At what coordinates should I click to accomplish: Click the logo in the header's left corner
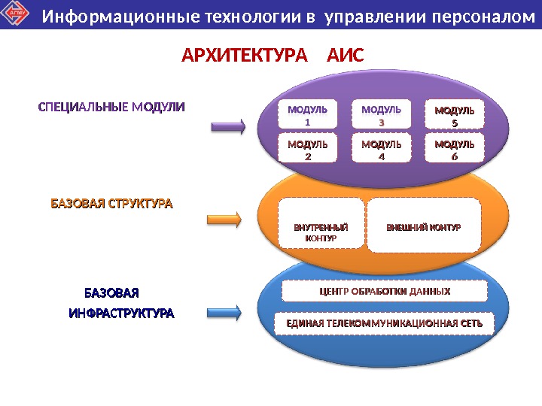[17, 14]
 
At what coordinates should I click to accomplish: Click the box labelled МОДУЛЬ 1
[308, 115]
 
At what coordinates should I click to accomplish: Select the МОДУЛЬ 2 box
[308, 149]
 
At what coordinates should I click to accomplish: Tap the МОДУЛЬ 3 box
[381, 115]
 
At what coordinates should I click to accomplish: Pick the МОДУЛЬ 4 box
[381, 149]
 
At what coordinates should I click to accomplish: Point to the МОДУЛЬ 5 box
[455, 115]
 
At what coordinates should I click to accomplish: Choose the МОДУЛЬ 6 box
[455, 149]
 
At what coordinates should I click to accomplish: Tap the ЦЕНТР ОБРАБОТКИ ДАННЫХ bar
[385, 291]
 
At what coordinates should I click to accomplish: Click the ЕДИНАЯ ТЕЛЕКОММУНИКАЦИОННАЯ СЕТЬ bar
[385, 323]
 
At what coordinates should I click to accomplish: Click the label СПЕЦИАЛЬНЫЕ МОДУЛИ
[111, 107]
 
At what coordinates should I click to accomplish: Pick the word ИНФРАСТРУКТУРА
[121, 312]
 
